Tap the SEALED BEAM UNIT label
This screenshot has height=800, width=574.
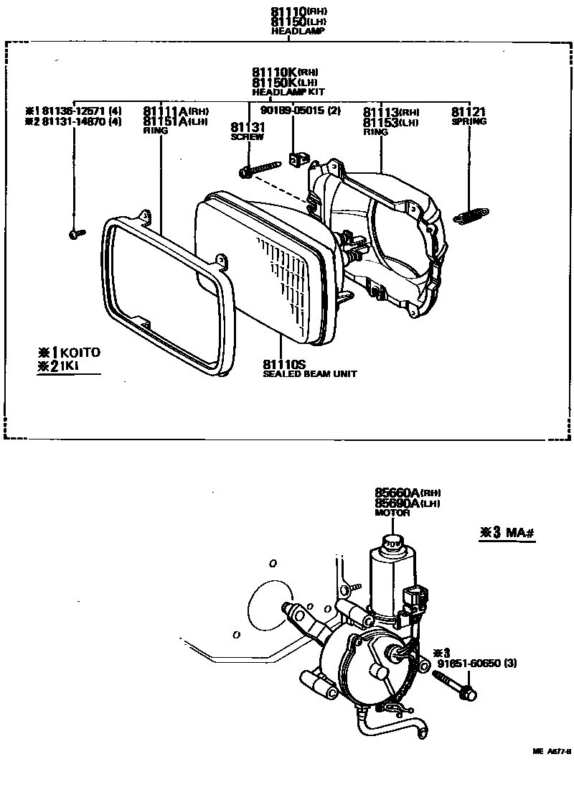coord(309,374)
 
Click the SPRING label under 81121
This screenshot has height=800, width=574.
coord(469,121)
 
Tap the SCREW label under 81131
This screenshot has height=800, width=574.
coord(247,136)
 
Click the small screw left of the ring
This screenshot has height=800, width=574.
coord(74,233)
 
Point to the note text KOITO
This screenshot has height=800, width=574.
coord(80,353)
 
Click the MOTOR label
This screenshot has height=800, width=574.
coord(392,513)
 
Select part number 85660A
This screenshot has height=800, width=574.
coord(397,493)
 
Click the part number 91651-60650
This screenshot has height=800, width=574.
coord(467,663)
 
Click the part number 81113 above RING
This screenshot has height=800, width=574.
coord(380,112)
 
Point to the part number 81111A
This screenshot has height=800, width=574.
coord(165,111)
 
